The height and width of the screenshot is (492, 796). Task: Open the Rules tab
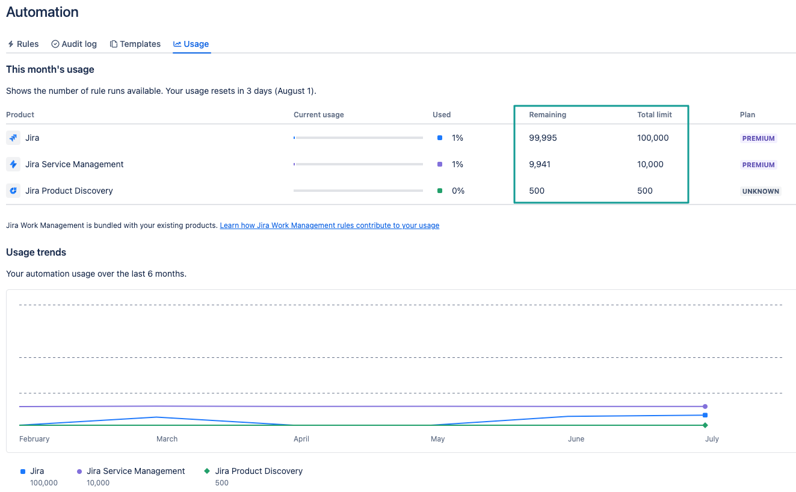pos(23,44)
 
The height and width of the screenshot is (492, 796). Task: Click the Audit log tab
pos(74,44)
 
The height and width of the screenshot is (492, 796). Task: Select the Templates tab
pos(135,44)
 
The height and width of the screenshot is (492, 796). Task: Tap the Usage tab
pos(191,44)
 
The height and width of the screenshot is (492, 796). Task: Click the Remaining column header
pos(548,115)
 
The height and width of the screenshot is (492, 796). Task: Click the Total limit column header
pos(654,115)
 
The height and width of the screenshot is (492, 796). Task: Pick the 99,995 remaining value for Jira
pos(543,138)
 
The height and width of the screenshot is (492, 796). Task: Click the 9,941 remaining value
pos(540,164)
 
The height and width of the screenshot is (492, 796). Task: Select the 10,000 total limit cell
pos(650,164)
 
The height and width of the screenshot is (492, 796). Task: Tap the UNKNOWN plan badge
pos(761,191)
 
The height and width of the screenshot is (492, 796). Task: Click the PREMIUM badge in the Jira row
pos(758,138)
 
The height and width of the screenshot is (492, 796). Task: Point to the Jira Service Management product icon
pos(13,164)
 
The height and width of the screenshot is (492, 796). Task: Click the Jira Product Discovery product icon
pos(13,191)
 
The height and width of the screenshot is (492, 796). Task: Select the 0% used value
pos(458,191)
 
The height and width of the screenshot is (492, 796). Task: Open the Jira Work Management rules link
pos(330,225)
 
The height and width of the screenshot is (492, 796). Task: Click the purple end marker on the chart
pos(705,407)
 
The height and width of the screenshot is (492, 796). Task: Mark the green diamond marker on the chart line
pos(705,425)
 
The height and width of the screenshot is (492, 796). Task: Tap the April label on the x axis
pos(301,438)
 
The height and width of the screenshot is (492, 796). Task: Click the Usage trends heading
pos(36,252)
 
